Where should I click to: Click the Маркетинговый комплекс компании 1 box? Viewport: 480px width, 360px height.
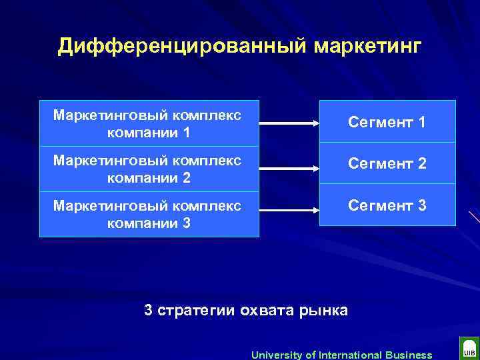(x=149, y=123)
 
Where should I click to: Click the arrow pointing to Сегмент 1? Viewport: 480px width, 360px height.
(x=289, y=123)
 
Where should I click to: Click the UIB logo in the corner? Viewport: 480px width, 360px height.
(x=468, y=350)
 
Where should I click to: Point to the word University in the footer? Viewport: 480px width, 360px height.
(x=275, y=355)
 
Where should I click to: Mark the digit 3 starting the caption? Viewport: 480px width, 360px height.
(x=149, y=310)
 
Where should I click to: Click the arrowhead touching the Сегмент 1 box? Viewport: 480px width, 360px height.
(x=315, y=123)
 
